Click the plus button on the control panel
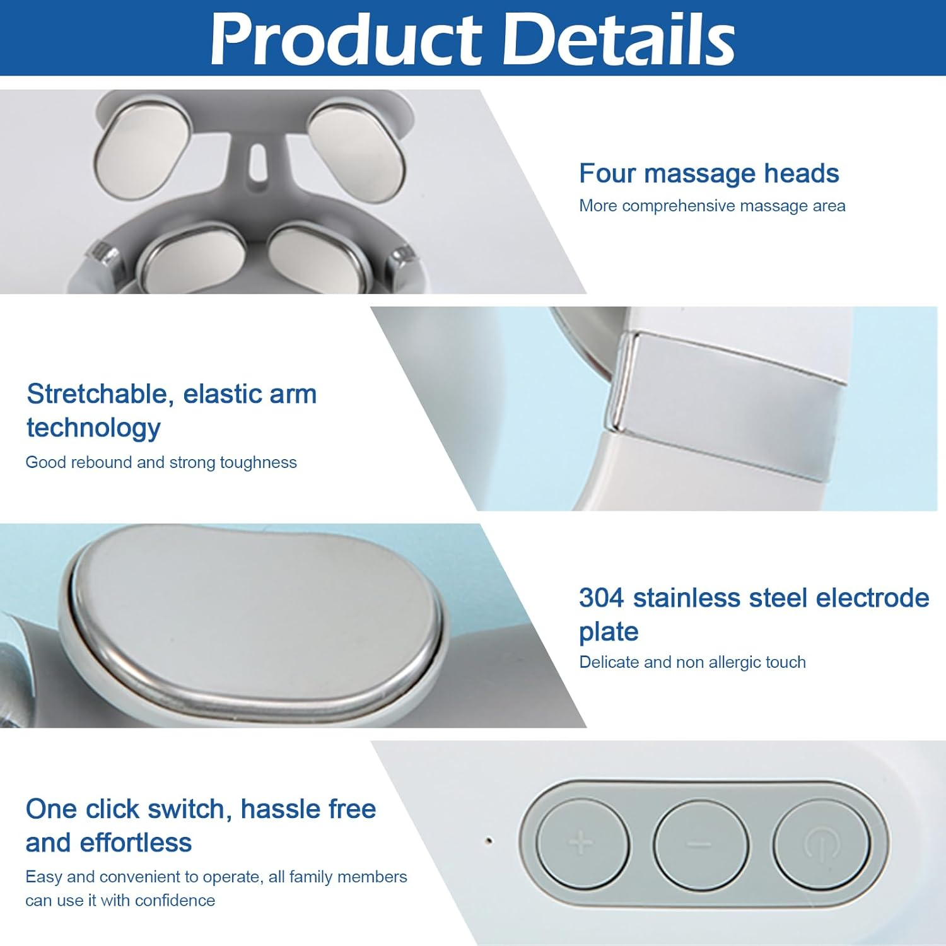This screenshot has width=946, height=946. coord(582,844)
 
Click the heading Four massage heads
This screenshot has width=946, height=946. coord(709,173)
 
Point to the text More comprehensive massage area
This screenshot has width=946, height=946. coord(712,206)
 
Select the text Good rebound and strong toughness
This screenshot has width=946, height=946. coord(161,462)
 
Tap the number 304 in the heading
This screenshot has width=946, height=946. coord(601,597)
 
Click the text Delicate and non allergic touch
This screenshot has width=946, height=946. coord(692,662)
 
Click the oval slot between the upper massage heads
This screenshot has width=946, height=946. coord(257,161)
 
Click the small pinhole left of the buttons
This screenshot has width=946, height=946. coord(488,840)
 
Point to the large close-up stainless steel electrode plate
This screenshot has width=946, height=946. coord(255,624)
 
